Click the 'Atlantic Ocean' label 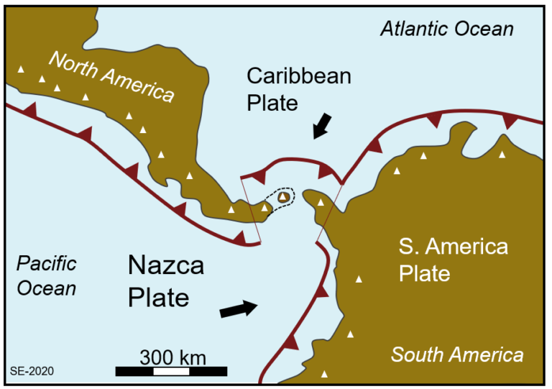pos(446,29)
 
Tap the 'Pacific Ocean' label pos(47,275)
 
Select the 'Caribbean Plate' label pos(298,88)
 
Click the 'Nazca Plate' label pos(165,281)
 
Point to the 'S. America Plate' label pos(453,260)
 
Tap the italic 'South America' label pos(457,354)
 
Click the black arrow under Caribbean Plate pos(323,127)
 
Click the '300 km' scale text pos(172,357)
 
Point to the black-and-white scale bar pos(171,371)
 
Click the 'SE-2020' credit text pos(31,371)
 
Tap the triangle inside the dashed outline pos(285,196)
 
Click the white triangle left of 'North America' pos(21,69)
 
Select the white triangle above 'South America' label pos(351,334)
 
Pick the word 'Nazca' pos(165,266)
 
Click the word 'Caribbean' pos(298,75)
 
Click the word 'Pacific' pos(47,263)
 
